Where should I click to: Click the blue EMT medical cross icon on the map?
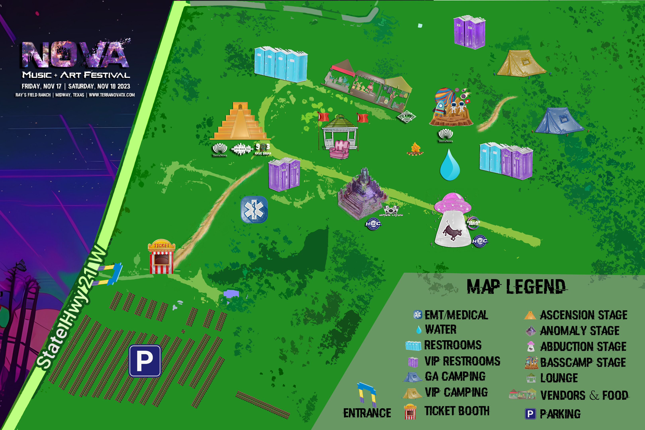pos(254,209)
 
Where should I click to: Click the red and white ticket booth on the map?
pos(162,257)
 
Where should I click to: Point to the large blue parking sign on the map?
pos(145,361)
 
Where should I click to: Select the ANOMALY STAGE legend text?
pos(579,331)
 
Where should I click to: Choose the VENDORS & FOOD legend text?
pos(584,395)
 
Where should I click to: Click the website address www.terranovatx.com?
pos(112,95)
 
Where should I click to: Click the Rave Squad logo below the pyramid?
pos(263,149)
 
